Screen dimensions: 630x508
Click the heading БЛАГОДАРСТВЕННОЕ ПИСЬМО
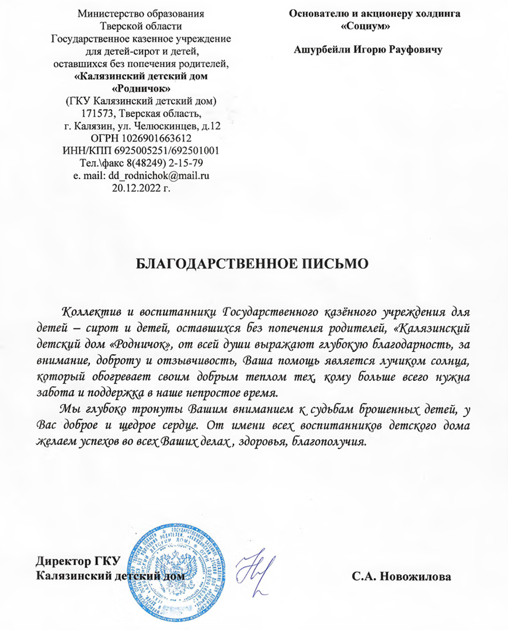pyautogui.click(x=253, y=263)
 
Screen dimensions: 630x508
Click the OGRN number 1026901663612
pyautogui.click(x=155, y=138)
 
